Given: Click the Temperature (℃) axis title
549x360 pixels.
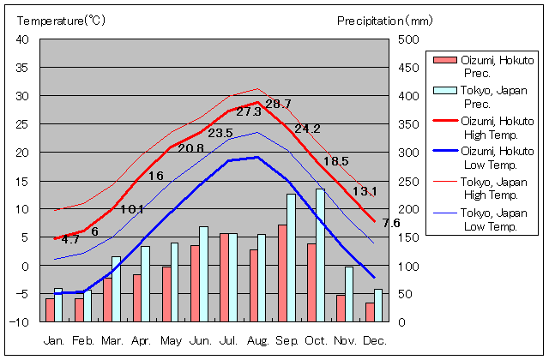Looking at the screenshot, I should point(60,20).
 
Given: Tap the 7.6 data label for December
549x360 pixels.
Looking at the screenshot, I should point(391,223).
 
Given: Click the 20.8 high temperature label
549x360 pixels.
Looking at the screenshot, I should point(190,148).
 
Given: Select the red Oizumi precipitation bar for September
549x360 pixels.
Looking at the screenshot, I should point(282,273).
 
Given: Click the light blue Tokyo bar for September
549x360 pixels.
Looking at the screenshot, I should point(292,257).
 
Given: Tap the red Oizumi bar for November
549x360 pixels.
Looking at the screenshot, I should point(341,308).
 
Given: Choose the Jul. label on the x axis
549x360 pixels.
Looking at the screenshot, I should point(229,340).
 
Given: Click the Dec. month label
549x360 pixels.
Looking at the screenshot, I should point(374,340).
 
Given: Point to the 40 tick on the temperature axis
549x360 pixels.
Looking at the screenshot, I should point(22,39).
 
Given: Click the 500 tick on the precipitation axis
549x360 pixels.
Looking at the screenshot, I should point(409,39).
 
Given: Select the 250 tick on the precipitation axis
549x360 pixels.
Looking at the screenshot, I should point(409,181).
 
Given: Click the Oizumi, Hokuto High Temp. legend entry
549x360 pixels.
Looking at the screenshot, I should point(486,127).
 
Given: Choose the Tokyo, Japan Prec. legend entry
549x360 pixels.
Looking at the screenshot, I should point(486,97).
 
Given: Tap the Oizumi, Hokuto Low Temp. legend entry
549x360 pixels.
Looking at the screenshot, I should point(486,158).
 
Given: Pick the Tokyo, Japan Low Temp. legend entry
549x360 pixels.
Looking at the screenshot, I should point(486,219).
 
